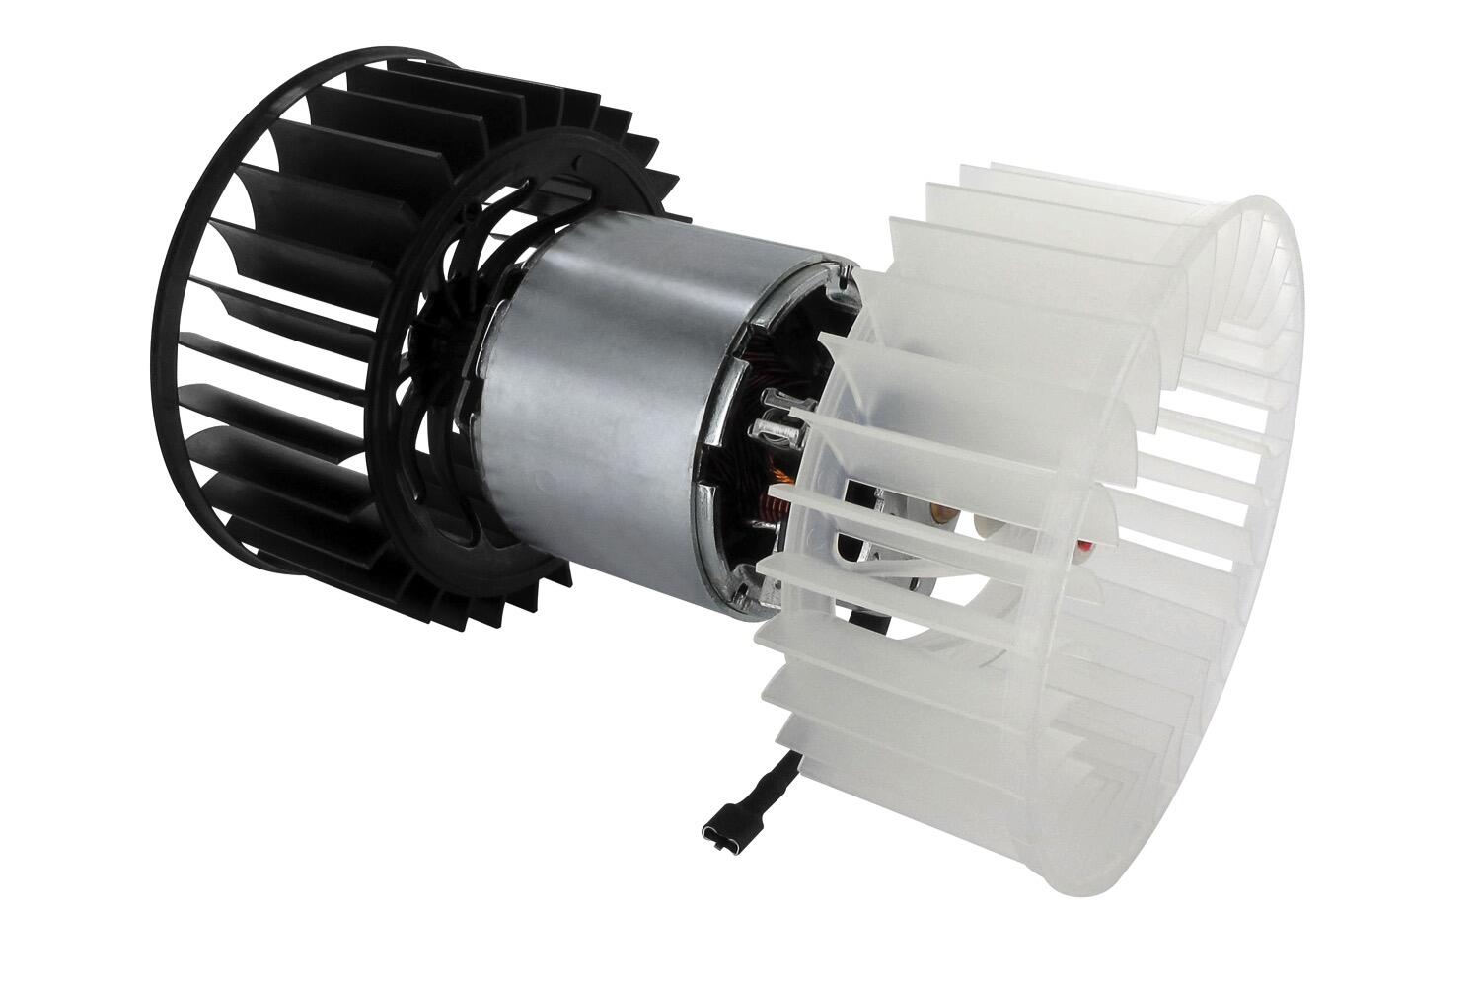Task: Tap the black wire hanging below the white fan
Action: (x=768, y=781)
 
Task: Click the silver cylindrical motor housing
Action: (x=602, y=415)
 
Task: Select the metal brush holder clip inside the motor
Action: (x=778, y=430)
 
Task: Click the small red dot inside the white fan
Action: (x=1087, y=543)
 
